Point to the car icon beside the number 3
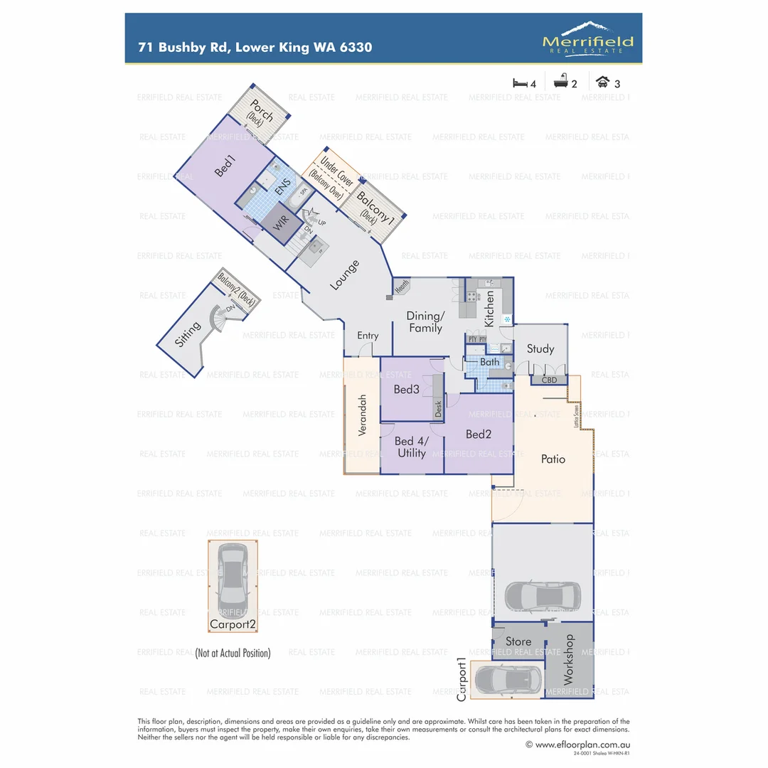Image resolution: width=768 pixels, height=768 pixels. coord(603,82)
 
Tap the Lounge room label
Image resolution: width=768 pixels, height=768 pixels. coord(344,275)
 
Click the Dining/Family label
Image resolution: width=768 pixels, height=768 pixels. coord(425,321)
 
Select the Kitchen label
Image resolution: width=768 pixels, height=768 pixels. coord(489,308)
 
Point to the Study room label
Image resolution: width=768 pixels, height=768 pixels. coord(540,348)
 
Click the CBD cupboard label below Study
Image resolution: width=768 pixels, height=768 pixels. coord(550,380)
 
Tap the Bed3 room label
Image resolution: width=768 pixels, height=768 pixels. coord(407,389)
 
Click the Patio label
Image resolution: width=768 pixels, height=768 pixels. coord(553,459)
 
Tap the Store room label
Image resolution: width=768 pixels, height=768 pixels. coord(518,641)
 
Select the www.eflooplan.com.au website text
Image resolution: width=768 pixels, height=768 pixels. coord(577,745)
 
